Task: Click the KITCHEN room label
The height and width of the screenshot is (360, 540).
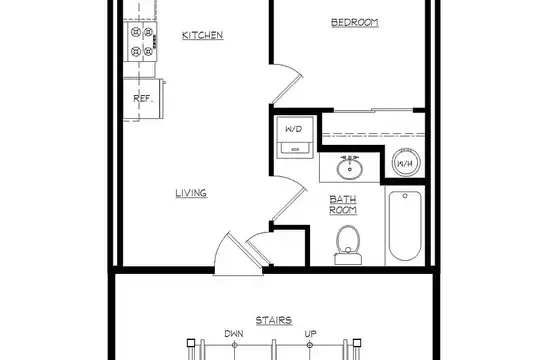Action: coord(202,35)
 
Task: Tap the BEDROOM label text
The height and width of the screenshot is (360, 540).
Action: coord(355,22)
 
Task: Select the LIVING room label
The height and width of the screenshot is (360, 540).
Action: coord(191,193)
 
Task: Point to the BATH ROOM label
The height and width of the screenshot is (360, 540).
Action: coord(343,205)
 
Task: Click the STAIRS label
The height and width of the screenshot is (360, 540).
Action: coord(274,320)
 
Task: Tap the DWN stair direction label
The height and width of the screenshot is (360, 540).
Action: coord(234,333)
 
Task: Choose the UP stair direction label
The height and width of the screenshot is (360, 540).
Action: coord(310,333)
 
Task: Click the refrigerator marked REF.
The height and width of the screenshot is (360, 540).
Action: coord(143,99)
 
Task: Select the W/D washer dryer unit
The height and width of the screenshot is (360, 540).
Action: coord(295,137)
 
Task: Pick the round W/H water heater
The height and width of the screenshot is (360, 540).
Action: coord(406,163)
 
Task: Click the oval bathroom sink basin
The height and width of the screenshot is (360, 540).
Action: coord(350,169)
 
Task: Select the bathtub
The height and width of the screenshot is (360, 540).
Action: coord(405,226)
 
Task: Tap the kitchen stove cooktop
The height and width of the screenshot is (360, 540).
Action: coord(141,42)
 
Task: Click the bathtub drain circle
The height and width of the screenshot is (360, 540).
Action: coord(405,196)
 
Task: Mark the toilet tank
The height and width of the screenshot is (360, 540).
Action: coord(348,259)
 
